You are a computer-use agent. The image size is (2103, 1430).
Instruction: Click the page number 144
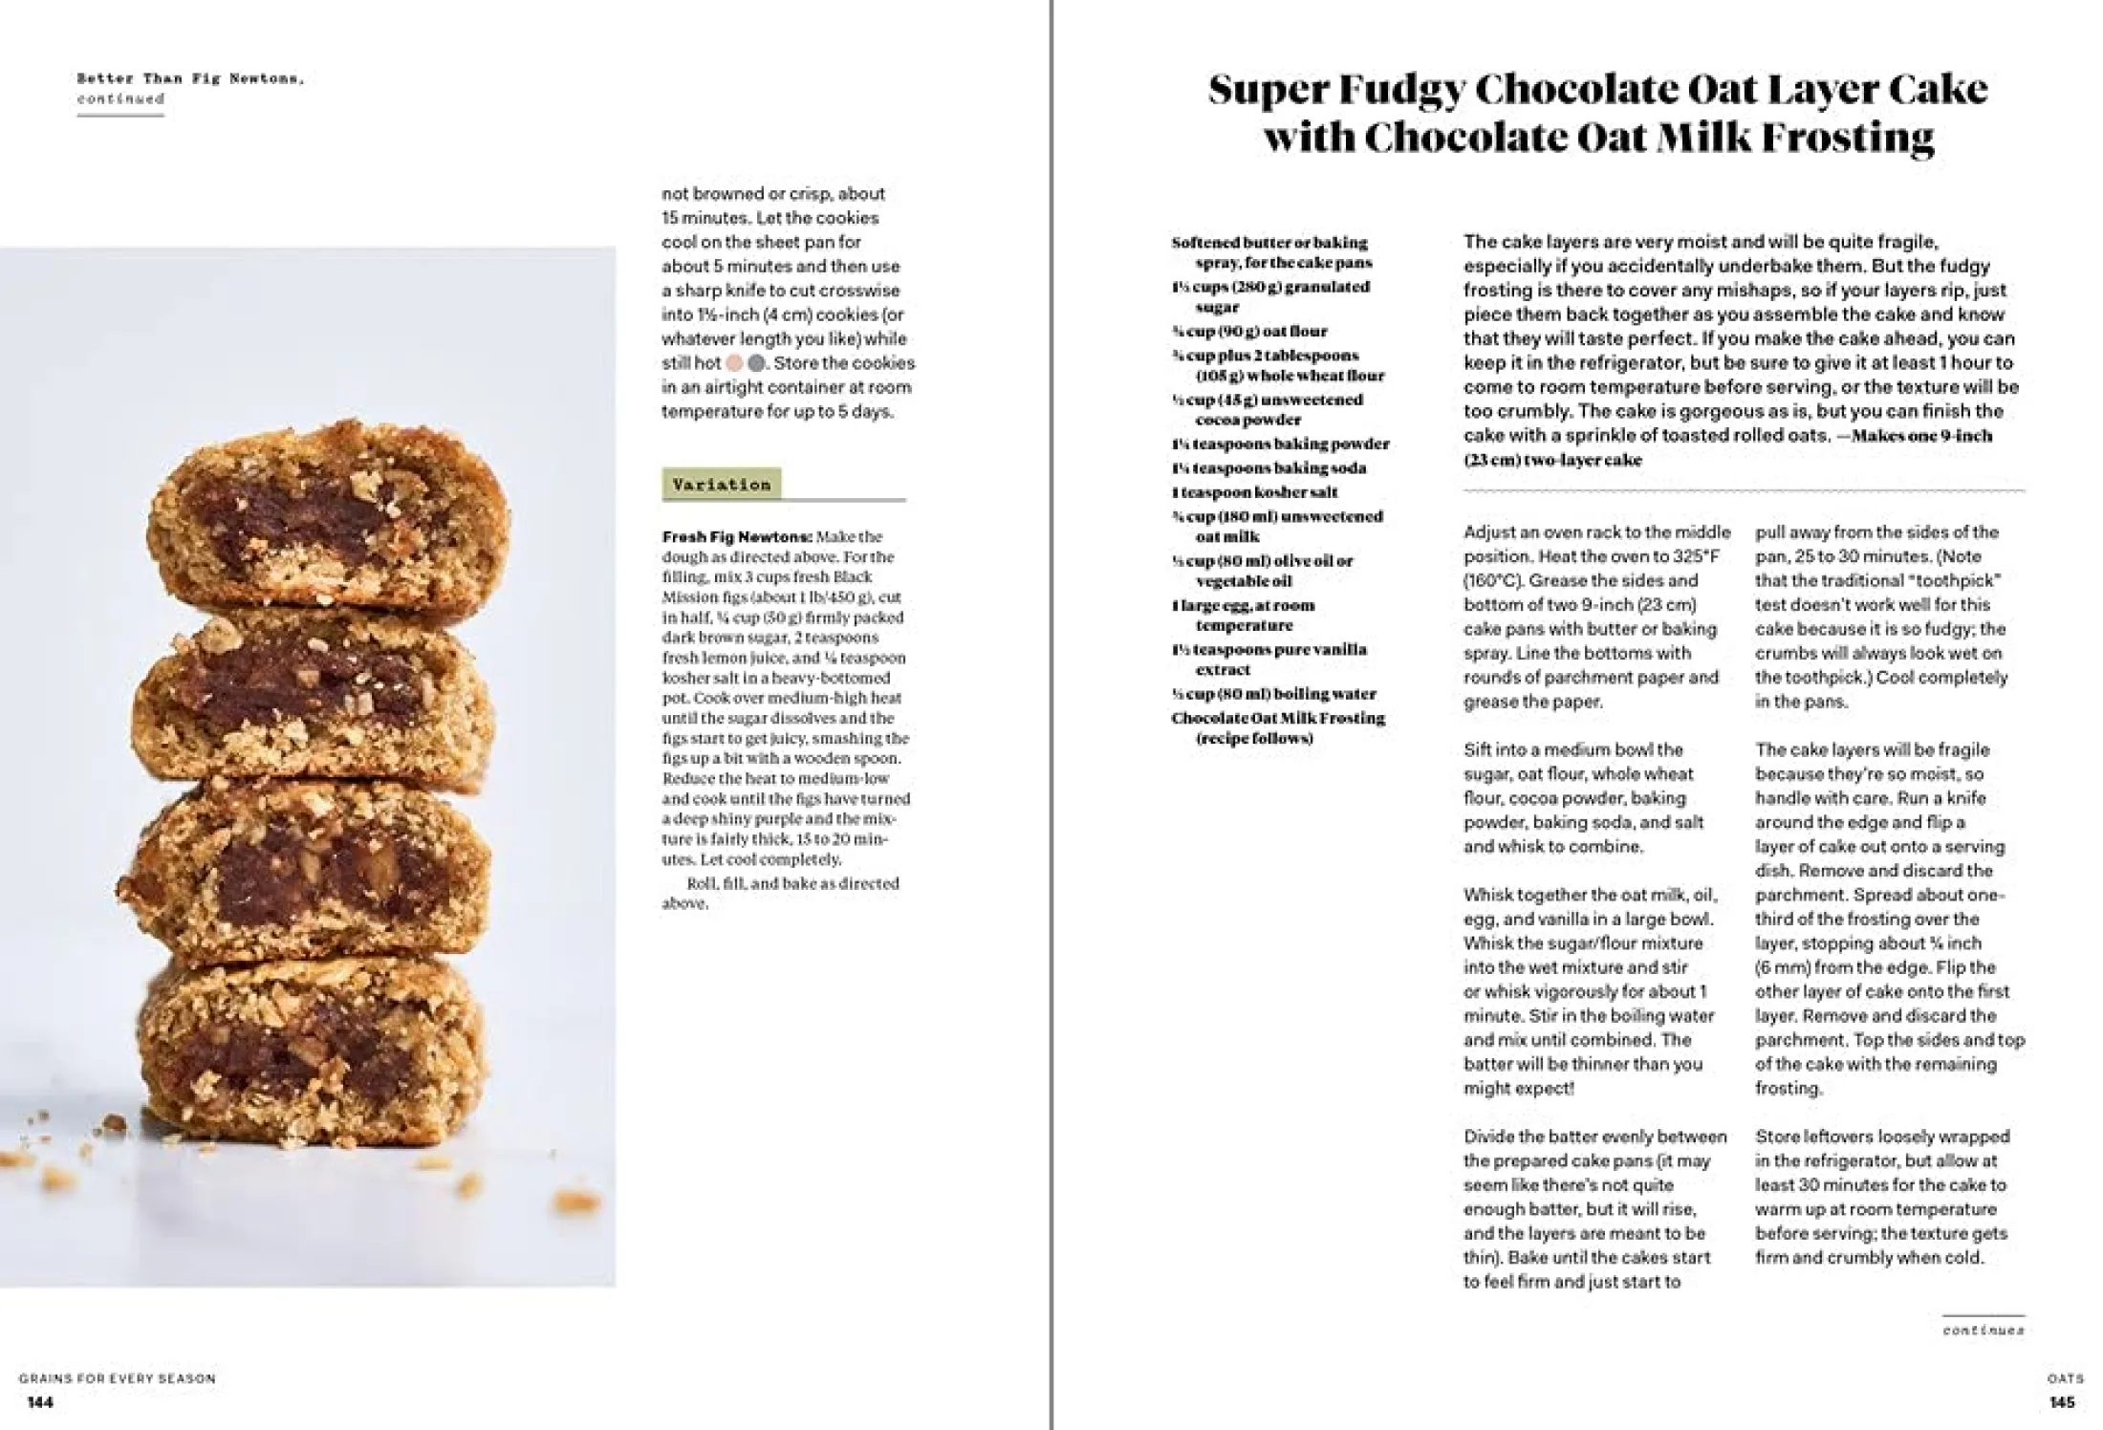pos(40,1402)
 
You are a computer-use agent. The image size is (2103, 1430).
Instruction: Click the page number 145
pos(2062,1402)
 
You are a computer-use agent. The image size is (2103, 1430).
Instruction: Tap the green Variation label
pos(722,485)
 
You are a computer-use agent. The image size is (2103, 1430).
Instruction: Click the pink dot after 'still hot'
pos(734,363)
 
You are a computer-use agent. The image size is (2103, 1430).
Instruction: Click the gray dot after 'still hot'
pos(757,363)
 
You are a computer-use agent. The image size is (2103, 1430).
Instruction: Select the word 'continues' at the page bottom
pos(1983,1330)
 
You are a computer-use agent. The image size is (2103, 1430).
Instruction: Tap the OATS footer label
pos(2065,1378)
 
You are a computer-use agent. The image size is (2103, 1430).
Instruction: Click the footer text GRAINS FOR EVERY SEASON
pos(117,1378)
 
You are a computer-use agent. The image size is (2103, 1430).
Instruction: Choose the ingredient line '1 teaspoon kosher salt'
pos(1254,492)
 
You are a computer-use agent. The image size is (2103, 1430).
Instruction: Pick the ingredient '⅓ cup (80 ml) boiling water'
pos(1273,694)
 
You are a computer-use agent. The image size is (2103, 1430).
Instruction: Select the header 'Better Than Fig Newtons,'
pos(190,78)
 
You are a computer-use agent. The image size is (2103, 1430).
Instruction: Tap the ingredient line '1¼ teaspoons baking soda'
pos(1268,468)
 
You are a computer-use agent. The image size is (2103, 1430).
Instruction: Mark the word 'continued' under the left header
pos(120,98)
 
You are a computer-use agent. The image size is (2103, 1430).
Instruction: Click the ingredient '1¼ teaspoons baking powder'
pos(1280,444)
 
